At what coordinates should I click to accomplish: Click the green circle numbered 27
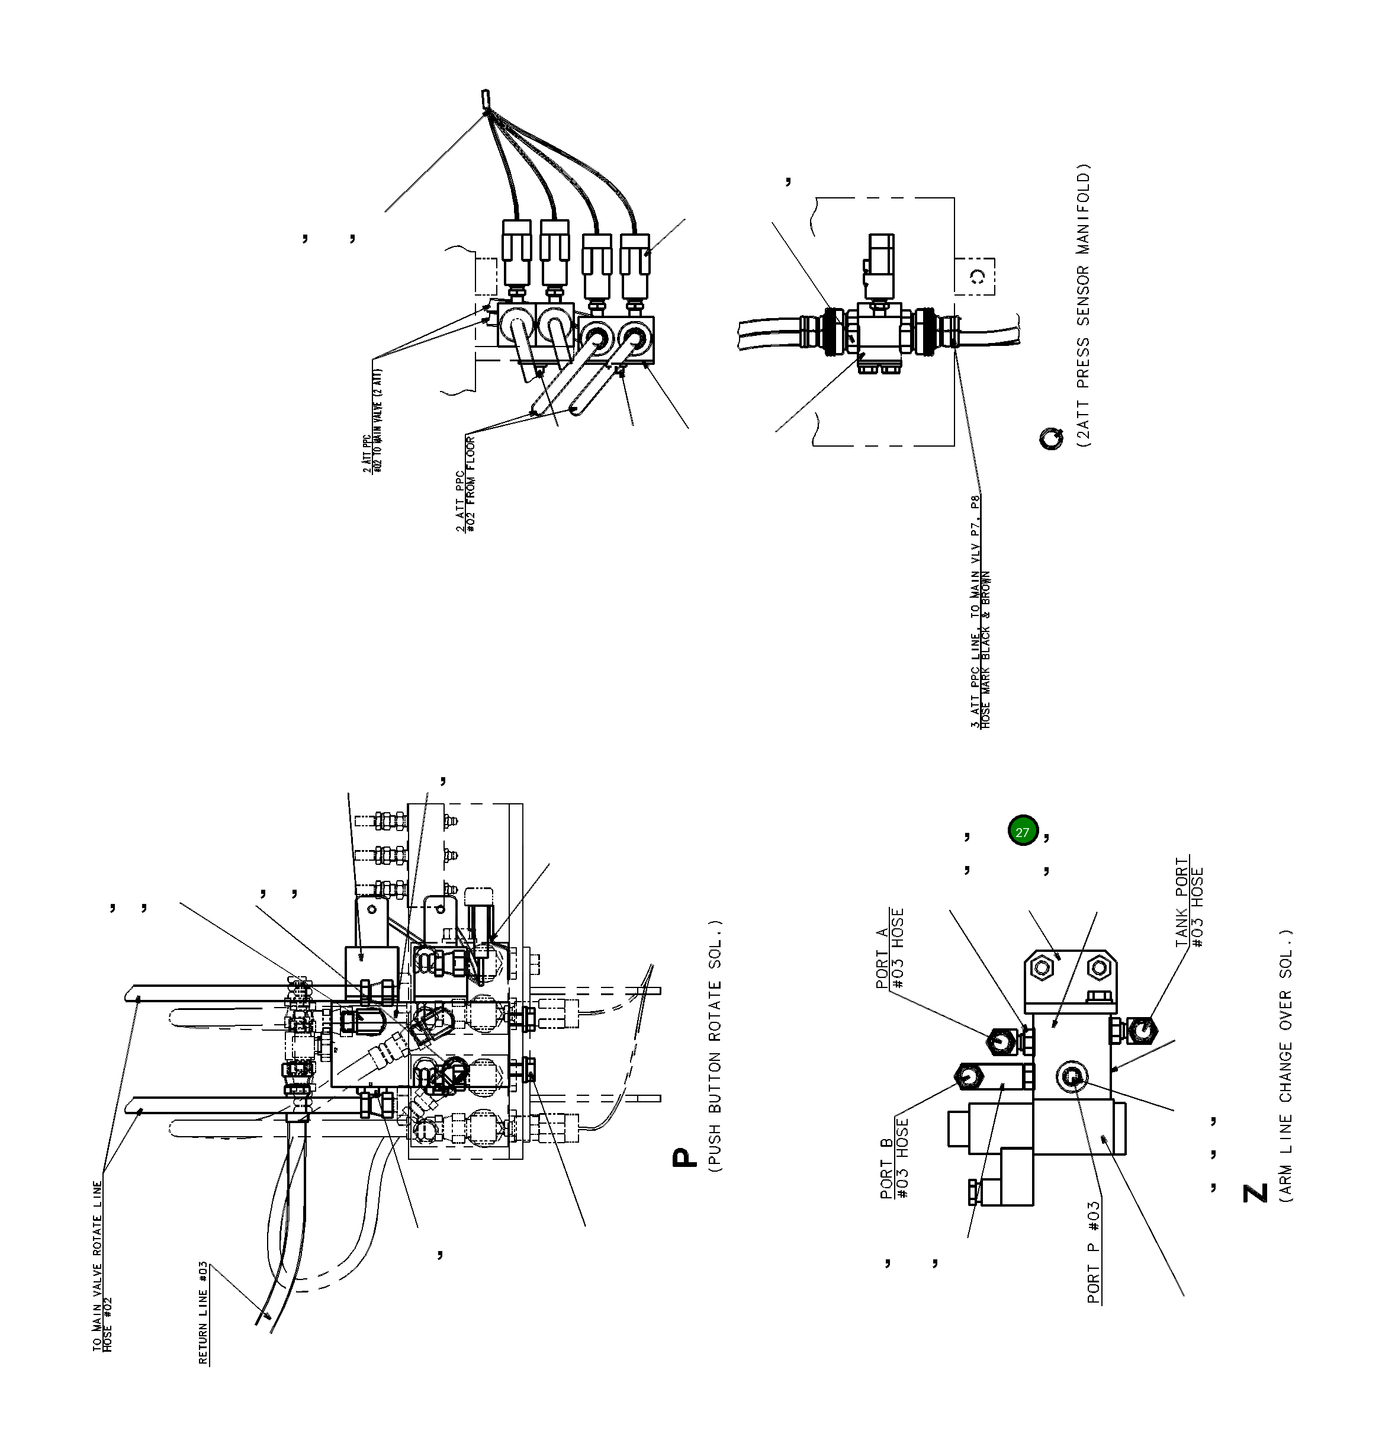point(1022,832)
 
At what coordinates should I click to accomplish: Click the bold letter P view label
point(682,1159)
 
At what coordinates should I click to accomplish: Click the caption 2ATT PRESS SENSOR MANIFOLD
point(1084,306)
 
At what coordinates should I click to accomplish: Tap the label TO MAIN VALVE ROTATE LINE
point(98,1266)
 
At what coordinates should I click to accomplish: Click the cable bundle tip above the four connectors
point(486,98)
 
